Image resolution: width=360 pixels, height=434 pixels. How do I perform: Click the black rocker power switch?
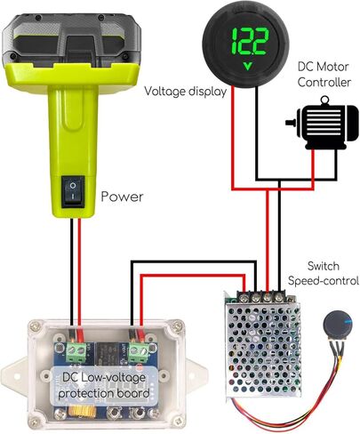(x=73, y=191)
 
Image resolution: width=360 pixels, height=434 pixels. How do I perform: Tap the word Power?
(x=122, y=197)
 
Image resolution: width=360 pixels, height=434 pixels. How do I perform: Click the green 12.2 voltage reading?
(x=250, y=42)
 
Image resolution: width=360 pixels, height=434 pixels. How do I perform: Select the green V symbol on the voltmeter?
(x=247, y=66)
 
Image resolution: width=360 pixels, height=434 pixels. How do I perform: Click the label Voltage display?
(x=186, y=92)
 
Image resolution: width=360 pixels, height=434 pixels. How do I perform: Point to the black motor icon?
(x=322, y=123)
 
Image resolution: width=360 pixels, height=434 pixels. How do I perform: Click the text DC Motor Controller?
(x=324, y=75)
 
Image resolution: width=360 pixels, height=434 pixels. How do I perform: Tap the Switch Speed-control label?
(x=324, y=273)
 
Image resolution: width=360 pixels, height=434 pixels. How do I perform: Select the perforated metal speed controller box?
(x=262, y=345)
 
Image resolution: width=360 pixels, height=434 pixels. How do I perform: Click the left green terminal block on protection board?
(x=76, y=352)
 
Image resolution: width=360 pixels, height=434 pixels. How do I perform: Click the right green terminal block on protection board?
(x=139, y=352)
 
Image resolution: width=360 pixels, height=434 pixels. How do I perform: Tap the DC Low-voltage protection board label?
(x=104, y=386)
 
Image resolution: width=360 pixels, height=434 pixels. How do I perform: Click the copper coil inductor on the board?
(x=82, y=411)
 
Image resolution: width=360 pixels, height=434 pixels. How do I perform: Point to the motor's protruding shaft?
(x=292, y=123)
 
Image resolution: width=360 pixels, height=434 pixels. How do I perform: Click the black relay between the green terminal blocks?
(x=108, y=352)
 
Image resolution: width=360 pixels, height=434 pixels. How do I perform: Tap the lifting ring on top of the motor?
(x=324, y=100)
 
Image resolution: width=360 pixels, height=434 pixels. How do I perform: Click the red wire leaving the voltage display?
(x=233, y=138)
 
